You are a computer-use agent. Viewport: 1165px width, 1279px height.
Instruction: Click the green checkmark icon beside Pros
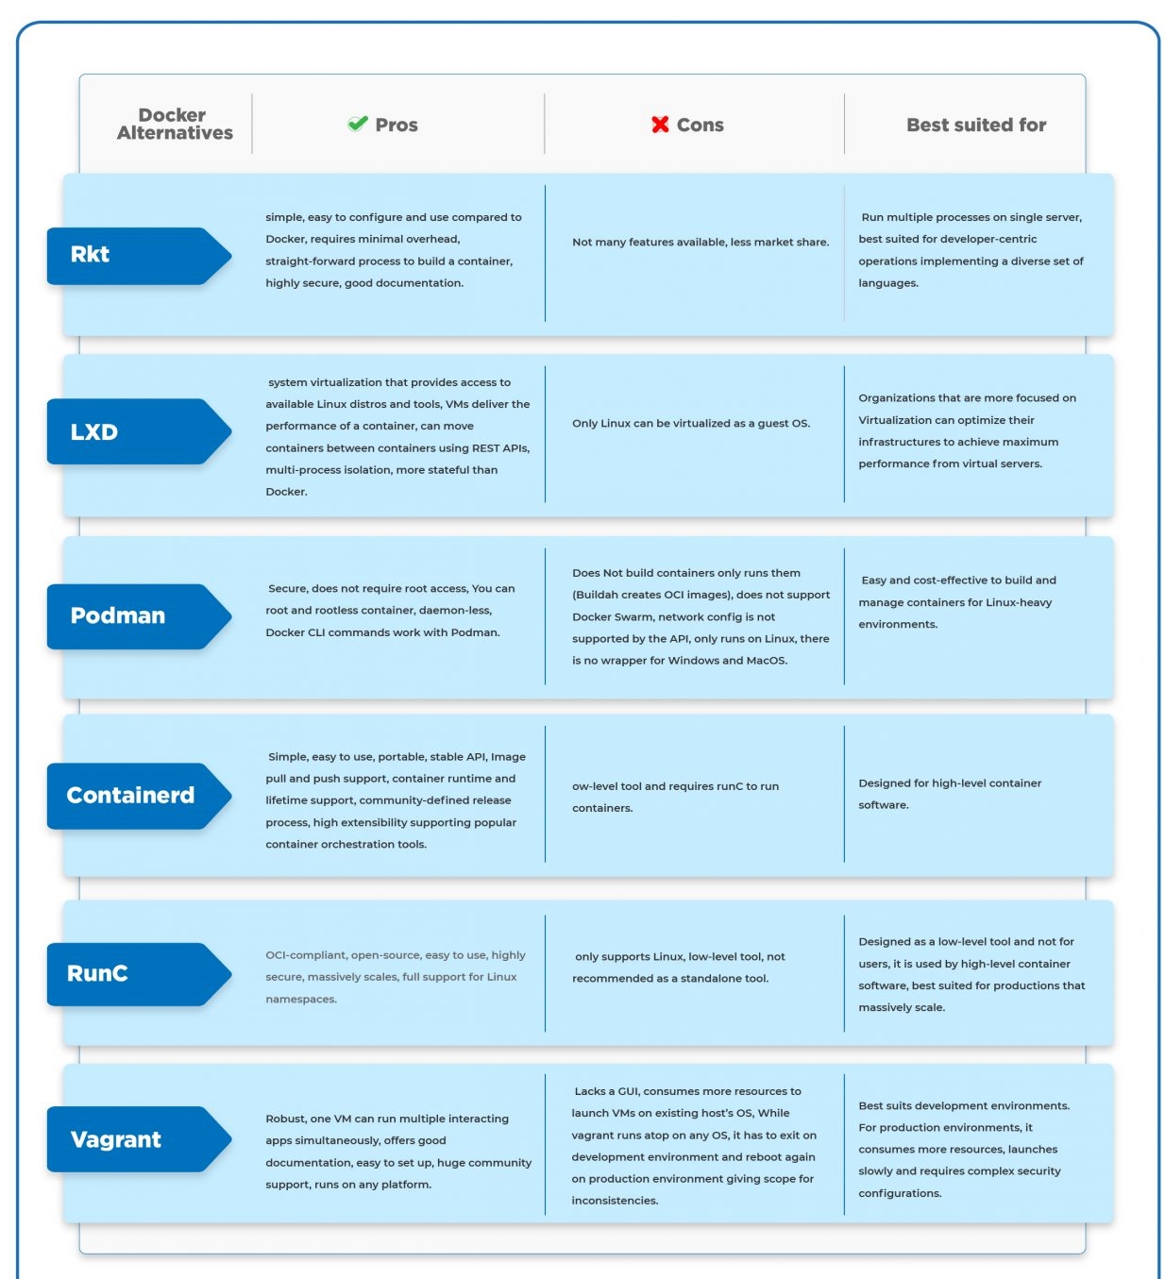click(357, 123)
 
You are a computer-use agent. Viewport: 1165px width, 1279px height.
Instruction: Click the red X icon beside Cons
click(660, 124)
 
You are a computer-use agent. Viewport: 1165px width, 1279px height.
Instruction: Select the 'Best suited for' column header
click(976, 125)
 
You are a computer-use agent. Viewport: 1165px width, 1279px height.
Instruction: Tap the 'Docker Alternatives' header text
click(174, 124)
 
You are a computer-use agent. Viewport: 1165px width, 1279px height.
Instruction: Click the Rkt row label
click(90, 255)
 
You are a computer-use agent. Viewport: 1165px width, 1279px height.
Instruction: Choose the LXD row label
click(93, 431)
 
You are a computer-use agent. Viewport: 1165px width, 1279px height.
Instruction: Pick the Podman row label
click(117, 615)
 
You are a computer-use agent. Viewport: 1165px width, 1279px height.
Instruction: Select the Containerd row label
click(130, 795)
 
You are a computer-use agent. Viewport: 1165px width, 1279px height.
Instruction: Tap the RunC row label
click(97, 973)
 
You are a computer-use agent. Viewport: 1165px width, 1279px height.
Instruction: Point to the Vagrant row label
click(115, 1139)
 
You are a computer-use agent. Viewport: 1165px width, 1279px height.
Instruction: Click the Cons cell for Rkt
click(700, 242)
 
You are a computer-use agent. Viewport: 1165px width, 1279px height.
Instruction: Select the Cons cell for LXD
click(690, 423)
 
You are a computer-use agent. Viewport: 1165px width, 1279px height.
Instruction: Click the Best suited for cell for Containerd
click(950, 794)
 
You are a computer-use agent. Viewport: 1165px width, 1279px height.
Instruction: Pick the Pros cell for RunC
click(395, 976)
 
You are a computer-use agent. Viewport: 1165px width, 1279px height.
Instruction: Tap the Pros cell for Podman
click(390, 610)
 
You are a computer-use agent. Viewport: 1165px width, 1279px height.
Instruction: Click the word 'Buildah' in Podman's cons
click(596, 595)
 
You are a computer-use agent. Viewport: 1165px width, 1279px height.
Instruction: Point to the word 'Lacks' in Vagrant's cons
click(590, 1091)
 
